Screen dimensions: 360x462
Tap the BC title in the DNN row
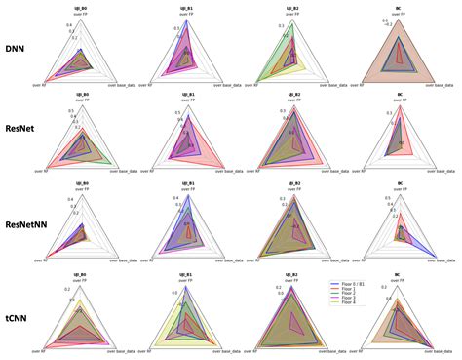(397, 7)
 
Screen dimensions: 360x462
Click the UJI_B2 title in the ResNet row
(290, 95)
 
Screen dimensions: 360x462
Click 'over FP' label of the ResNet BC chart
(397, 100)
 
